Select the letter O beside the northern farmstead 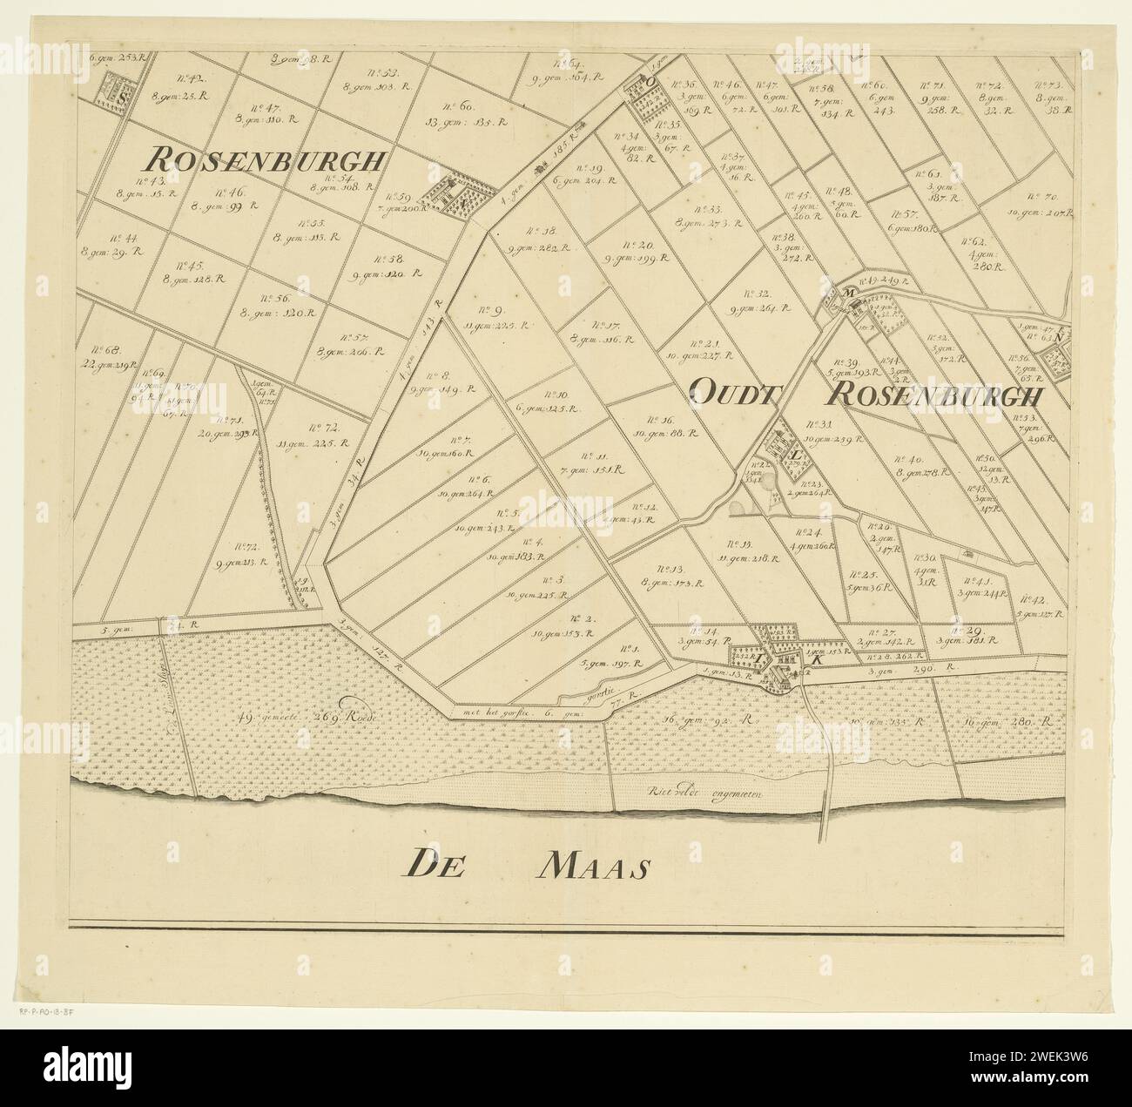tap(649, 82)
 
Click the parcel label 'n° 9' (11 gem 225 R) tap(490, 317)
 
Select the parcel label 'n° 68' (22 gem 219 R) tap(112, 356)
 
